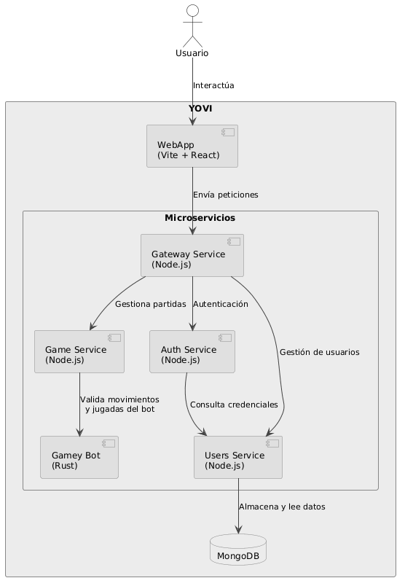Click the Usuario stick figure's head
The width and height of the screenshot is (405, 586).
pyautogui.click(x=192, y=10)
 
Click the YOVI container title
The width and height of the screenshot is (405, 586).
pyautogui.click(x=201, y=109)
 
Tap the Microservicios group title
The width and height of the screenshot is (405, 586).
pyautogui.click(x=200, y=218)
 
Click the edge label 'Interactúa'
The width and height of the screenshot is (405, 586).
pyautogui.click(x=213, y=86)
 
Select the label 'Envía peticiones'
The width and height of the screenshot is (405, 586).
pyautogui.click(x=225, y=195)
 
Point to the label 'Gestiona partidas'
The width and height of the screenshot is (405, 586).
pyautogui.click(x=150, y=304)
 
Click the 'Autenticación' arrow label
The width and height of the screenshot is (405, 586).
pyautogui.click(x=221, y=304)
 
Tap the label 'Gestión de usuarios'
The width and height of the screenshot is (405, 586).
pyautogui.click(x=319, y=353)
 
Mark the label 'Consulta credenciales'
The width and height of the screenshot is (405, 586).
pyautogui.click(x=234, y=405)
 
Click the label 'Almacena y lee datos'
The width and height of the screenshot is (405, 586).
pyautogui.click(x=282, y=507)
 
